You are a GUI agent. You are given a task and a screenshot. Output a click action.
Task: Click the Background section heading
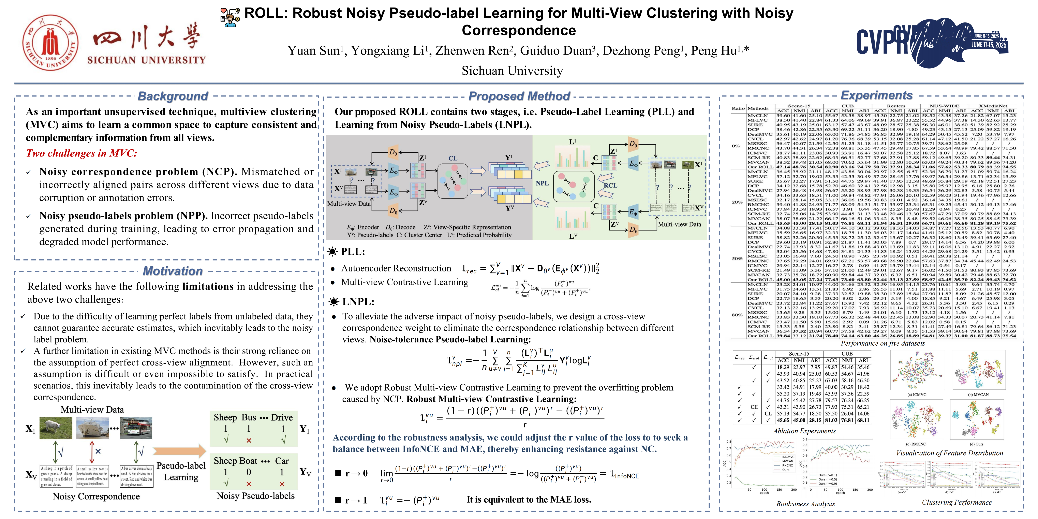click(173, 96)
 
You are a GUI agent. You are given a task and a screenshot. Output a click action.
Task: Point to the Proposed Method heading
click(519, 96)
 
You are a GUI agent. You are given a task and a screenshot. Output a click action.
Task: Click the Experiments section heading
click(876, 95)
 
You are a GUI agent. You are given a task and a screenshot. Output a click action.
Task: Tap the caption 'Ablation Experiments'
click(804, 431)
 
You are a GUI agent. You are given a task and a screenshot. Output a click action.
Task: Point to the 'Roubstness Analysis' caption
click(805, 504)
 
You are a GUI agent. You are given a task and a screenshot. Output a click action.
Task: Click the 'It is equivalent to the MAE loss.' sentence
click(529, 500)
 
